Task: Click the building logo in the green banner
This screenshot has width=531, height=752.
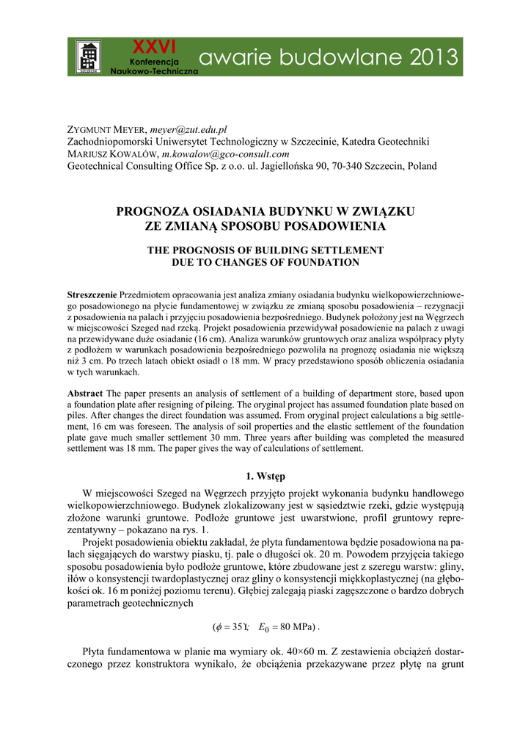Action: click(89, 57)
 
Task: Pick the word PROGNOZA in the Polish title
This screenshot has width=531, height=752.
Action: click(150, 211)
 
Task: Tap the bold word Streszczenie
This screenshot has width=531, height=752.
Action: click(92, 294)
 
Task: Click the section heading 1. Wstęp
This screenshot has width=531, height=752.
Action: click(265, 476)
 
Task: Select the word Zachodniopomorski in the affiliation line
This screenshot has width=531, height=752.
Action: click(112, 142)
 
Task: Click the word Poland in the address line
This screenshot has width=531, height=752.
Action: click(422, 166)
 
